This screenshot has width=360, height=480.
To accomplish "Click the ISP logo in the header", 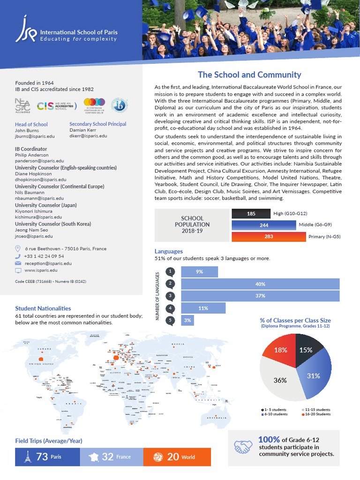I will coord(27,29).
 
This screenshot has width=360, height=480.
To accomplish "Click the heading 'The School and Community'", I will coord(249,75).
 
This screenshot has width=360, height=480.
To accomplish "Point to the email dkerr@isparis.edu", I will coord(88,136).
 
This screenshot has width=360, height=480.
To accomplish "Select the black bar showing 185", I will coord(251,214).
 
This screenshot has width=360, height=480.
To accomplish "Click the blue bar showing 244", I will coord(263,225).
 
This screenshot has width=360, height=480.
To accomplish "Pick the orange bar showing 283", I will coord(268,237).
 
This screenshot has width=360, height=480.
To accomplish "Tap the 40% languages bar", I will coord(260,284).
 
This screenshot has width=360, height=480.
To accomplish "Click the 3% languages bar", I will coord(187,320).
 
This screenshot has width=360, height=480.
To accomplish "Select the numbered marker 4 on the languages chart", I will coord(171,308).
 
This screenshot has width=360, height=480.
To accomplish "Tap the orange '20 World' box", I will coord(177,457).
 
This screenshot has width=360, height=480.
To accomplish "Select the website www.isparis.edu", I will coord(41,270).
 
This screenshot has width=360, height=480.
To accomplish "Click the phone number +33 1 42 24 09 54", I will coord(44,256).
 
